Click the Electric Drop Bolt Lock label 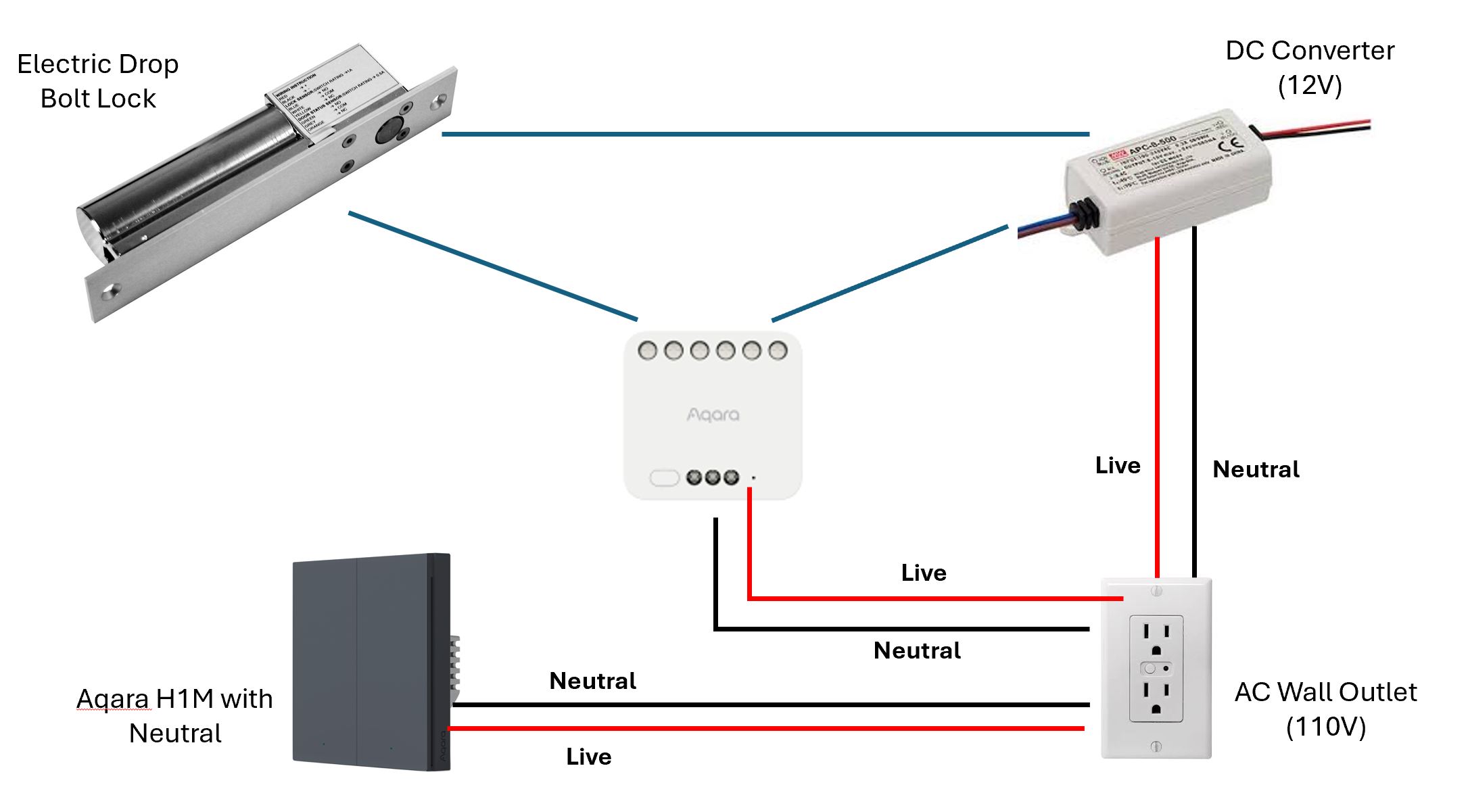(x=98, y=81)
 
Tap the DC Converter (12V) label (x=1309, y=68)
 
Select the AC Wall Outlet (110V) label (x=1325, y=709)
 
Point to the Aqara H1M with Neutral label (x=174, y=715)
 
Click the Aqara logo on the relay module (x=713, y=414)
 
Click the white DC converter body (x=1170, y=183)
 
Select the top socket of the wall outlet (x=1156, y=639)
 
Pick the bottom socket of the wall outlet (x=1156, y=698)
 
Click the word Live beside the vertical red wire (x=1118, y=465)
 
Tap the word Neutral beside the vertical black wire (x=1256, y=469)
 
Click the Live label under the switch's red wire (x=588, y=757)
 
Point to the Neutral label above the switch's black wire (x=592, y=681)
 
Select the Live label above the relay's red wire (x=924, y=573)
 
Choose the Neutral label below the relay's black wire (x=917, y=650)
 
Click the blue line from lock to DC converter (x=764, y=134)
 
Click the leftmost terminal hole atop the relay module (x=647, y=350)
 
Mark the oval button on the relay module (x=664, y=478)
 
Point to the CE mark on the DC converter (x=1235, y=143)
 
